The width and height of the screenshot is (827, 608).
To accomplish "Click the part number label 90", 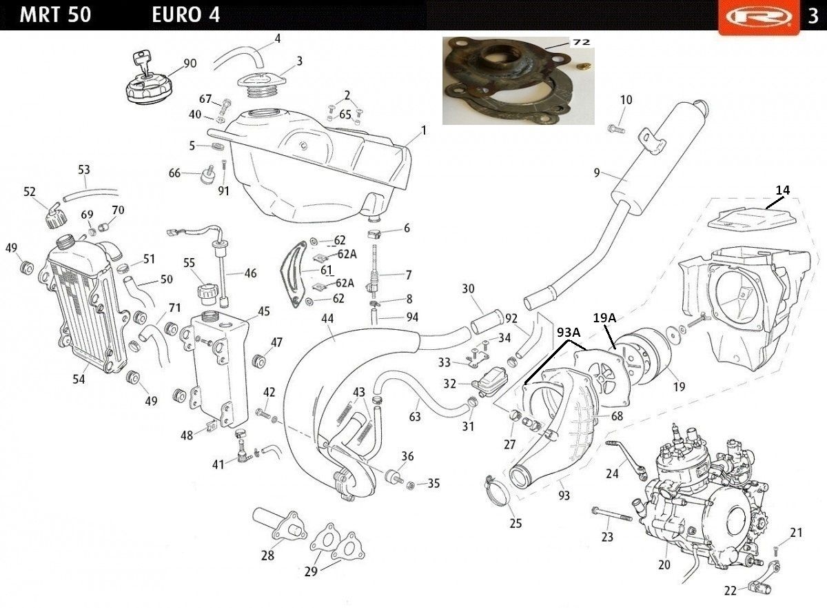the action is point(190,63).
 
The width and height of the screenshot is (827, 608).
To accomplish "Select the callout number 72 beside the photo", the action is point(581,42).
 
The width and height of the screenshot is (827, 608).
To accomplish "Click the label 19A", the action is point(605,317).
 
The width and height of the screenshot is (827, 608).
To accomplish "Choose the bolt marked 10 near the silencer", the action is point(616,129).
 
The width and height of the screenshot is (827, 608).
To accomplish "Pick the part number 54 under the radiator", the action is point(79,379).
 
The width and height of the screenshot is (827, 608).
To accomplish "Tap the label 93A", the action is point(569,332).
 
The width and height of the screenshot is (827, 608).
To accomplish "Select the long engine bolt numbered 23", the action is point(612,514).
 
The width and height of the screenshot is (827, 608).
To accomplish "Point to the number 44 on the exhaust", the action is point(327,319).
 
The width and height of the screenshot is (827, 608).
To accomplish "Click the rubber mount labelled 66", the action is point(207,175).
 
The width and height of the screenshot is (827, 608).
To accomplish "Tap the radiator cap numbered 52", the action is point(54,216).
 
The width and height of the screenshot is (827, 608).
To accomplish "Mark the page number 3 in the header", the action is point(813,17).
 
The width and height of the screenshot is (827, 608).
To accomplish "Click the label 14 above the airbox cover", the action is point(782,190).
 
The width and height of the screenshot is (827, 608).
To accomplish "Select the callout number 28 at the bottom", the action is point(267,555).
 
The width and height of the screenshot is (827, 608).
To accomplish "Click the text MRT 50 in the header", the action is point(55,15).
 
